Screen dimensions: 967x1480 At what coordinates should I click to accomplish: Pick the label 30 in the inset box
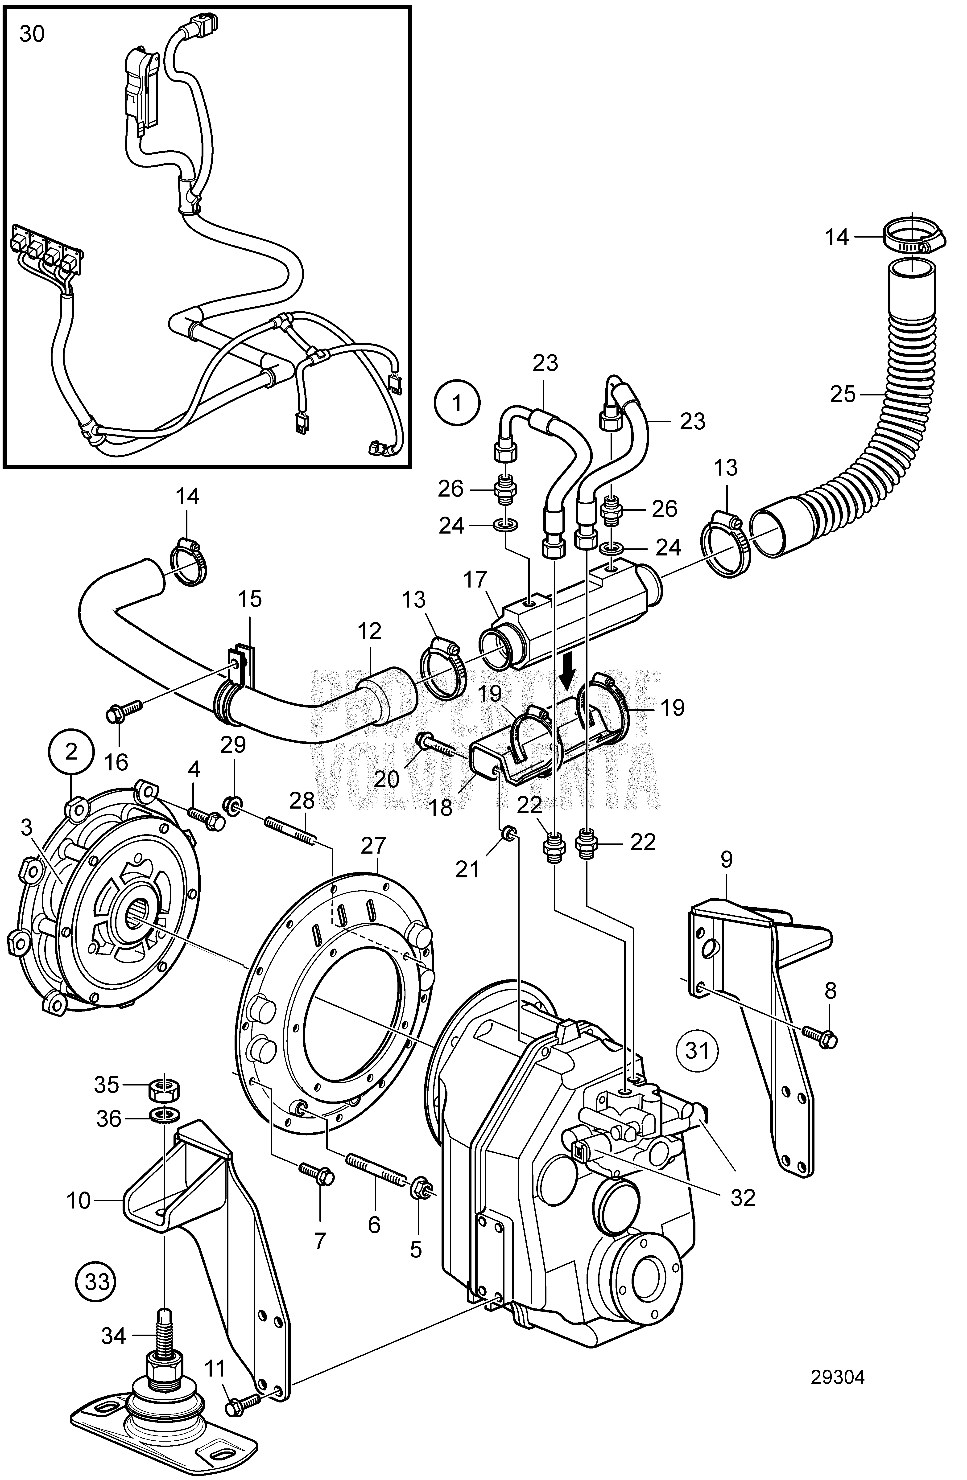32,34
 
